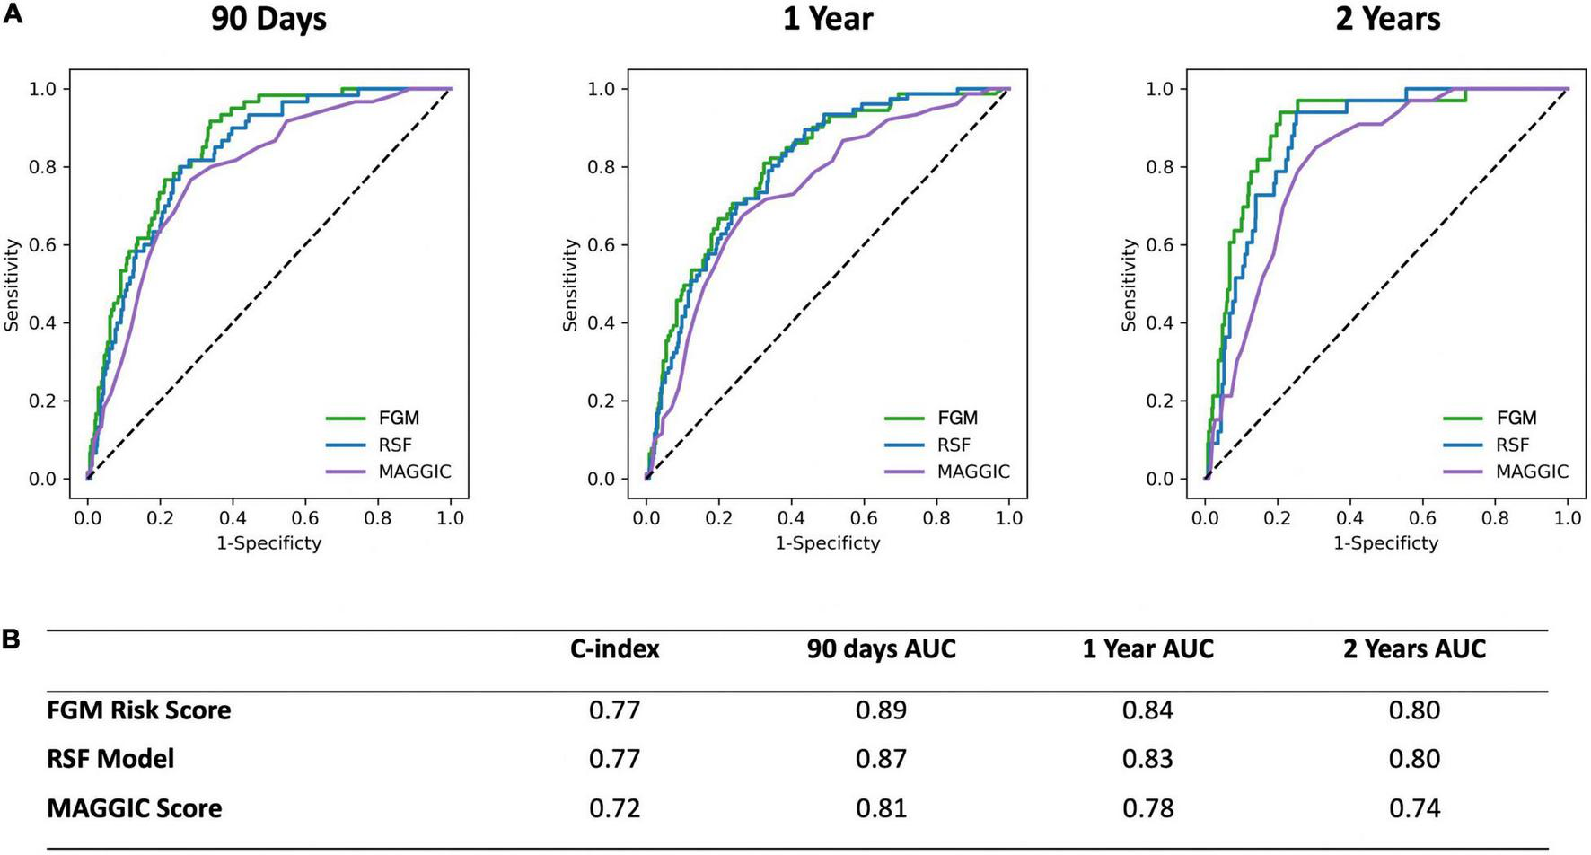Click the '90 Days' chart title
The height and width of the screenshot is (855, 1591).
tap(268, 19)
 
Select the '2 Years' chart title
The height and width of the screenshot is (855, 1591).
tap(1387, 19)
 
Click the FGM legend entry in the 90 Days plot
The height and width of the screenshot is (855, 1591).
tap(398, 418)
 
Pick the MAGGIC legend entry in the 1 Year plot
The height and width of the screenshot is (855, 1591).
tap(973, 472)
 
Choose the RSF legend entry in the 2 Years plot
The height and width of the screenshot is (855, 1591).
tap(1513, 445)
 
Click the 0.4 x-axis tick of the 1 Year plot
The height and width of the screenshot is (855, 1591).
tap(791, 518)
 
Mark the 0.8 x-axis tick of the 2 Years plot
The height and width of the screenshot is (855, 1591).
tap(1495, 518)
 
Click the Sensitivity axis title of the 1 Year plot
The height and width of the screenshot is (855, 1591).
tap(570, 285)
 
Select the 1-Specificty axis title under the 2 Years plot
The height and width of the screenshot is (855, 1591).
tap(1385, 542)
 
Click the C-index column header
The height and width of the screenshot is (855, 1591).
tap(615, 649)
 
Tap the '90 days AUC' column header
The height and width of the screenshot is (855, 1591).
tap(881, 649)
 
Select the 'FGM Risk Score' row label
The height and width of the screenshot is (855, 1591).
tap(138, 710)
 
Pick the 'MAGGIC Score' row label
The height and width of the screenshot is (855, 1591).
tap(134, 808)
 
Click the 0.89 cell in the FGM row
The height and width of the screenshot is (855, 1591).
tap(881, 710)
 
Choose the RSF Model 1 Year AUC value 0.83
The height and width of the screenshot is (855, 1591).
tap(1147, 759)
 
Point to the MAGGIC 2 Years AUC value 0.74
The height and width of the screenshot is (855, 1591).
tap(1414, 808)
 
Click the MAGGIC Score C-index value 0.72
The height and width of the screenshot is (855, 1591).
tap(615, 808)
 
